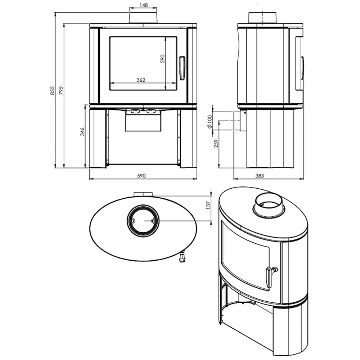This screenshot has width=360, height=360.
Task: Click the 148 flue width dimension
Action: (144, 5)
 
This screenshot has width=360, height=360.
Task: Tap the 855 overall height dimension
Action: (53, 90)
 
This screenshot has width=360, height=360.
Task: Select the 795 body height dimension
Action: (61, 90)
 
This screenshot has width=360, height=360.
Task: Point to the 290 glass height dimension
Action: (162, 59)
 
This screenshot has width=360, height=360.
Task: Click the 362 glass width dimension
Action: (141, 80)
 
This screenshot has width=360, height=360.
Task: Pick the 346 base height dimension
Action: (82, 131)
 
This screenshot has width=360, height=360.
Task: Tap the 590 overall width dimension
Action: (141, 176)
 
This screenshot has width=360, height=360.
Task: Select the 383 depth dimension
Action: (260, 176)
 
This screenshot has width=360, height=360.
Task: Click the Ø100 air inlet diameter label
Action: (210, 122)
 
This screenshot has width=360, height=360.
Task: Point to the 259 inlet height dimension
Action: (216, 144)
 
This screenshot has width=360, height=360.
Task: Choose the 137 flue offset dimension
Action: (208, 205)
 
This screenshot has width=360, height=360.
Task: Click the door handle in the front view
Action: (182, 68)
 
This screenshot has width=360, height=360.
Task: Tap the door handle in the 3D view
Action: (271, 276)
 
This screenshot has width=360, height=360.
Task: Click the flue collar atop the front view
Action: (143, 18)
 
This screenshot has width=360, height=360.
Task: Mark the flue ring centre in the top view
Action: (143, 221)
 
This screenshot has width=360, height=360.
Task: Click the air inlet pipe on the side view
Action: (240, 121)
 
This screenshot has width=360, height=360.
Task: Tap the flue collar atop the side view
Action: (262, 18)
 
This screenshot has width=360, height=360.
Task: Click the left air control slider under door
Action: (135, 111)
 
